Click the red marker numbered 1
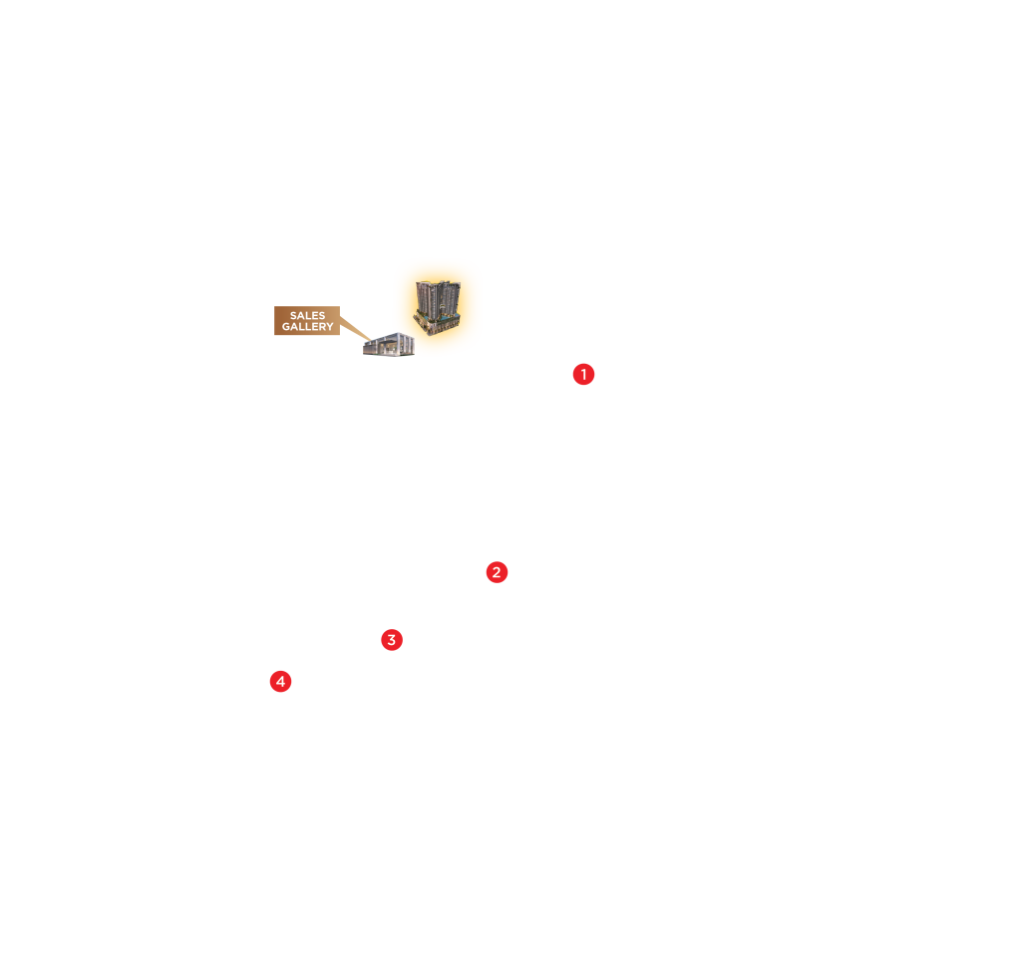[x=583, y=375]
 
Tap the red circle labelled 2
[x=497, y=572]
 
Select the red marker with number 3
[x=392, y=640]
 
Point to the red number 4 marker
[x=281, y=682]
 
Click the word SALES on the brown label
[x=307, y=316]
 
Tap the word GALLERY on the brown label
[x=307, y=327]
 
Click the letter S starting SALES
[x=293, y=316]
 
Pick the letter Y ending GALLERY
[x=330, y=327]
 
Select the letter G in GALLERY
[x=285, y=327]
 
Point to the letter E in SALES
[x=315, y=316]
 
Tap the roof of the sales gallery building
[x=388, y=338]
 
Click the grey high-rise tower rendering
[x=437, y=299]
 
